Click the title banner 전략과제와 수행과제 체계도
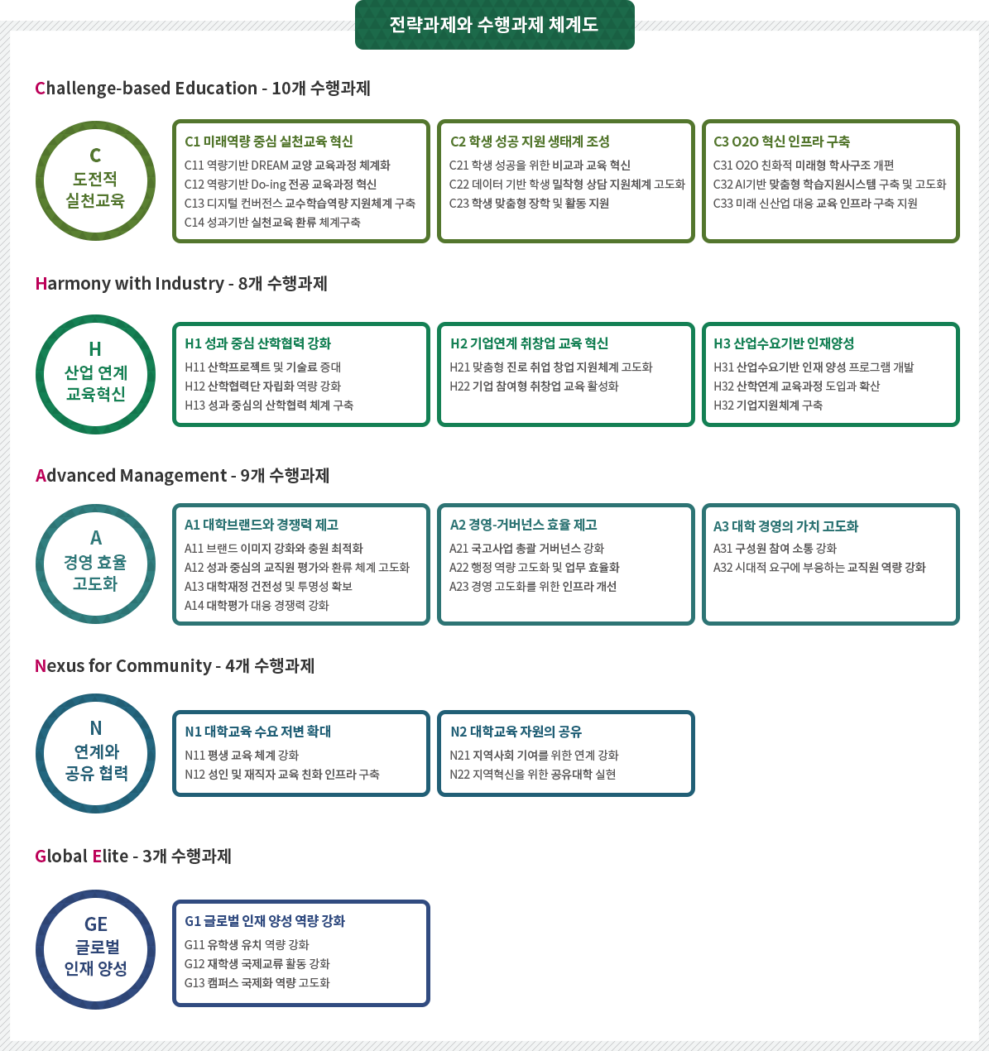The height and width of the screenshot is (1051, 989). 494,25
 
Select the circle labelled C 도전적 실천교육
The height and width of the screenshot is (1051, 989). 95,180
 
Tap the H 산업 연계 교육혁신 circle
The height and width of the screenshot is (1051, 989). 95,373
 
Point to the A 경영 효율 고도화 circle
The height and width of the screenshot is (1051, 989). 95,563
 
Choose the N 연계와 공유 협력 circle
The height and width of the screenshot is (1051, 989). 95,752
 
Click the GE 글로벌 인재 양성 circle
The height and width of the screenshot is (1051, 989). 95,948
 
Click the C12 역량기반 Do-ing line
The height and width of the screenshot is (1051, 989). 281,185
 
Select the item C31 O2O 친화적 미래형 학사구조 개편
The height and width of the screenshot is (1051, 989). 804,166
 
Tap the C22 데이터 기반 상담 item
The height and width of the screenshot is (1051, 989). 567,185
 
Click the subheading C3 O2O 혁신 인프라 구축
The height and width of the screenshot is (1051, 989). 780,142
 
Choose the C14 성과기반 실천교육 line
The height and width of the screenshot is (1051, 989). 272,223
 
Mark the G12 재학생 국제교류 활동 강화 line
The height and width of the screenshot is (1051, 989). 257,964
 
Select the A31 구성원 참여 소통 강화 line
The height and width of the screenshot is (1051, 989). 775,549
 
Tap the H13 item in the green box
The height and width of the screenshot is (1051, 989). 269,406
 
